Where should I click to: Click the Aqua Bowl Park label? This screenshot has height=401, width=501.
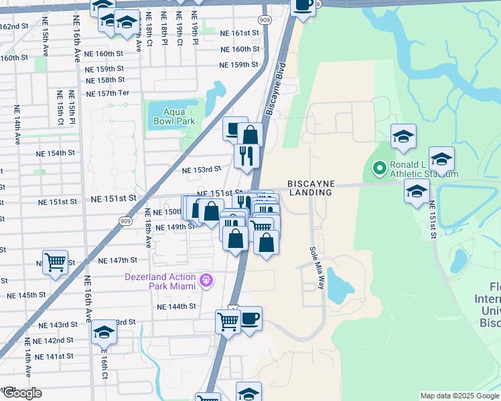point(173,117)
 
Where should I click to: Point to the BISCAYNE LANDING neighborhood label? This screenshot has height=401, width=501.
point(310,188)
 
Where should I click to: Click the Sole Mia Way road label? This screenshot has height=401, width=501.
point(317,268)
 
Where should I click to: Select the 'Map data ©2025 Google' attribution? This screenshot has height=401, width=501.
point(459,396)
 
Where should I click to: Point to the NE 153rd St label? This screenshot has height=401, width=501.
point(202,170)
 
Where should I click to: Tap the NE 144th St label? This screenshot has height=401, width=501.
point(176,307)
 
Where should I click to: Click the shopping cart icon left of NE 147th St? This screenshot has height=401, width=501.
point(54,261)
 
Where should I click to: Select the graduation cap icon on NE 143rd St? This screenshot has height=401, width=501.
point(104,332)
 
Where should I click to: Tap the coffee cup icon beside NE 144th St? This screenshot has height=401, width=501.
point(250,317)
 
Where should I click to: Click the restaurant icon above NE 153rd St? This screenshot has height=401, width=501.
point(246,156)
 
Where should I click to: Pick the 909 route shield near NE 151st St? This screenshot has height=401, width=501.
point(125,221)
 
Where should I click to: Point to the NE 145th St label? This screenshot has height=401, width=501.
point(26,295)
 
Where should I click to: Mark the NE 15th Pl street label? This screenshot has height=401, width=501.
point(71,107)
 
